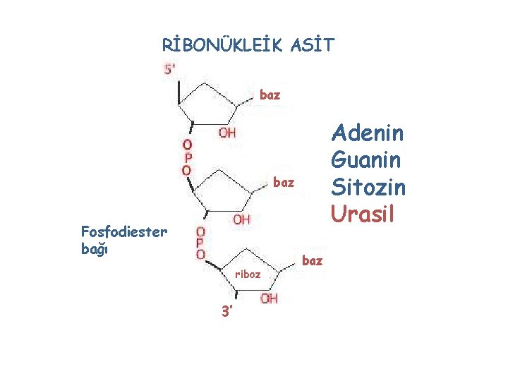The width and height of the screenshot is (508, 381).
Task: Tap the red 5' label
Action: [171, 69]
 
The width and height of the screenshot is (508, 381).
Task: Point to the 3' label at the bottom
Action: [224, 311]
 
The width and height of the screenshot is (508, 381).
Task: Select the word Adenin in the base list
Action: [367, 133]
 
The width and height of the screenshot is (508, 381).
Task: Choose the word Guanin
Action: [367, 160]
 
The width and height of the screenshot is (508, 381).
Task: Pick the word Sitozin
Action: [368, 187]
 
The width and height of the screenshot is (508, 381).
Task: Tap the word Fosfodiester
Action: [124, 231]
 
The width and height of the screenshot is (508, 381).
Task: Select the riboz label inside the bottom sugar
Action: [248, 274]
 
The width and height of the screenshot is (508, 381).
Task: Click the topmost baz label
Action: [270, 94]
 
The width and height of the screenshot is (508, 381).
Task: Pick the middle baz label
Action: [283, 183]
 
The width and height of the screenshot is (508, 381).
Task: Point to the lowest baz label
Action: [312, 260]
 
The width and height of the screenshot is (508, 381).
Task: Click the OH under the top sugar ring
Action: [227, 132]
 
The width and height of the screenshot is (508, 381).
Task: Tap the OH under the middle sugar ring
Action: [241, 219]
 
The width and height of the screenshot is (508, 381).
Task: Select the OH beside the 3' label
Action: [269, 298]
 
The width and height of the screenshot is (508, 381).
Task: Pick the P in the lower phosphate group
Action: [201, 243]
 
